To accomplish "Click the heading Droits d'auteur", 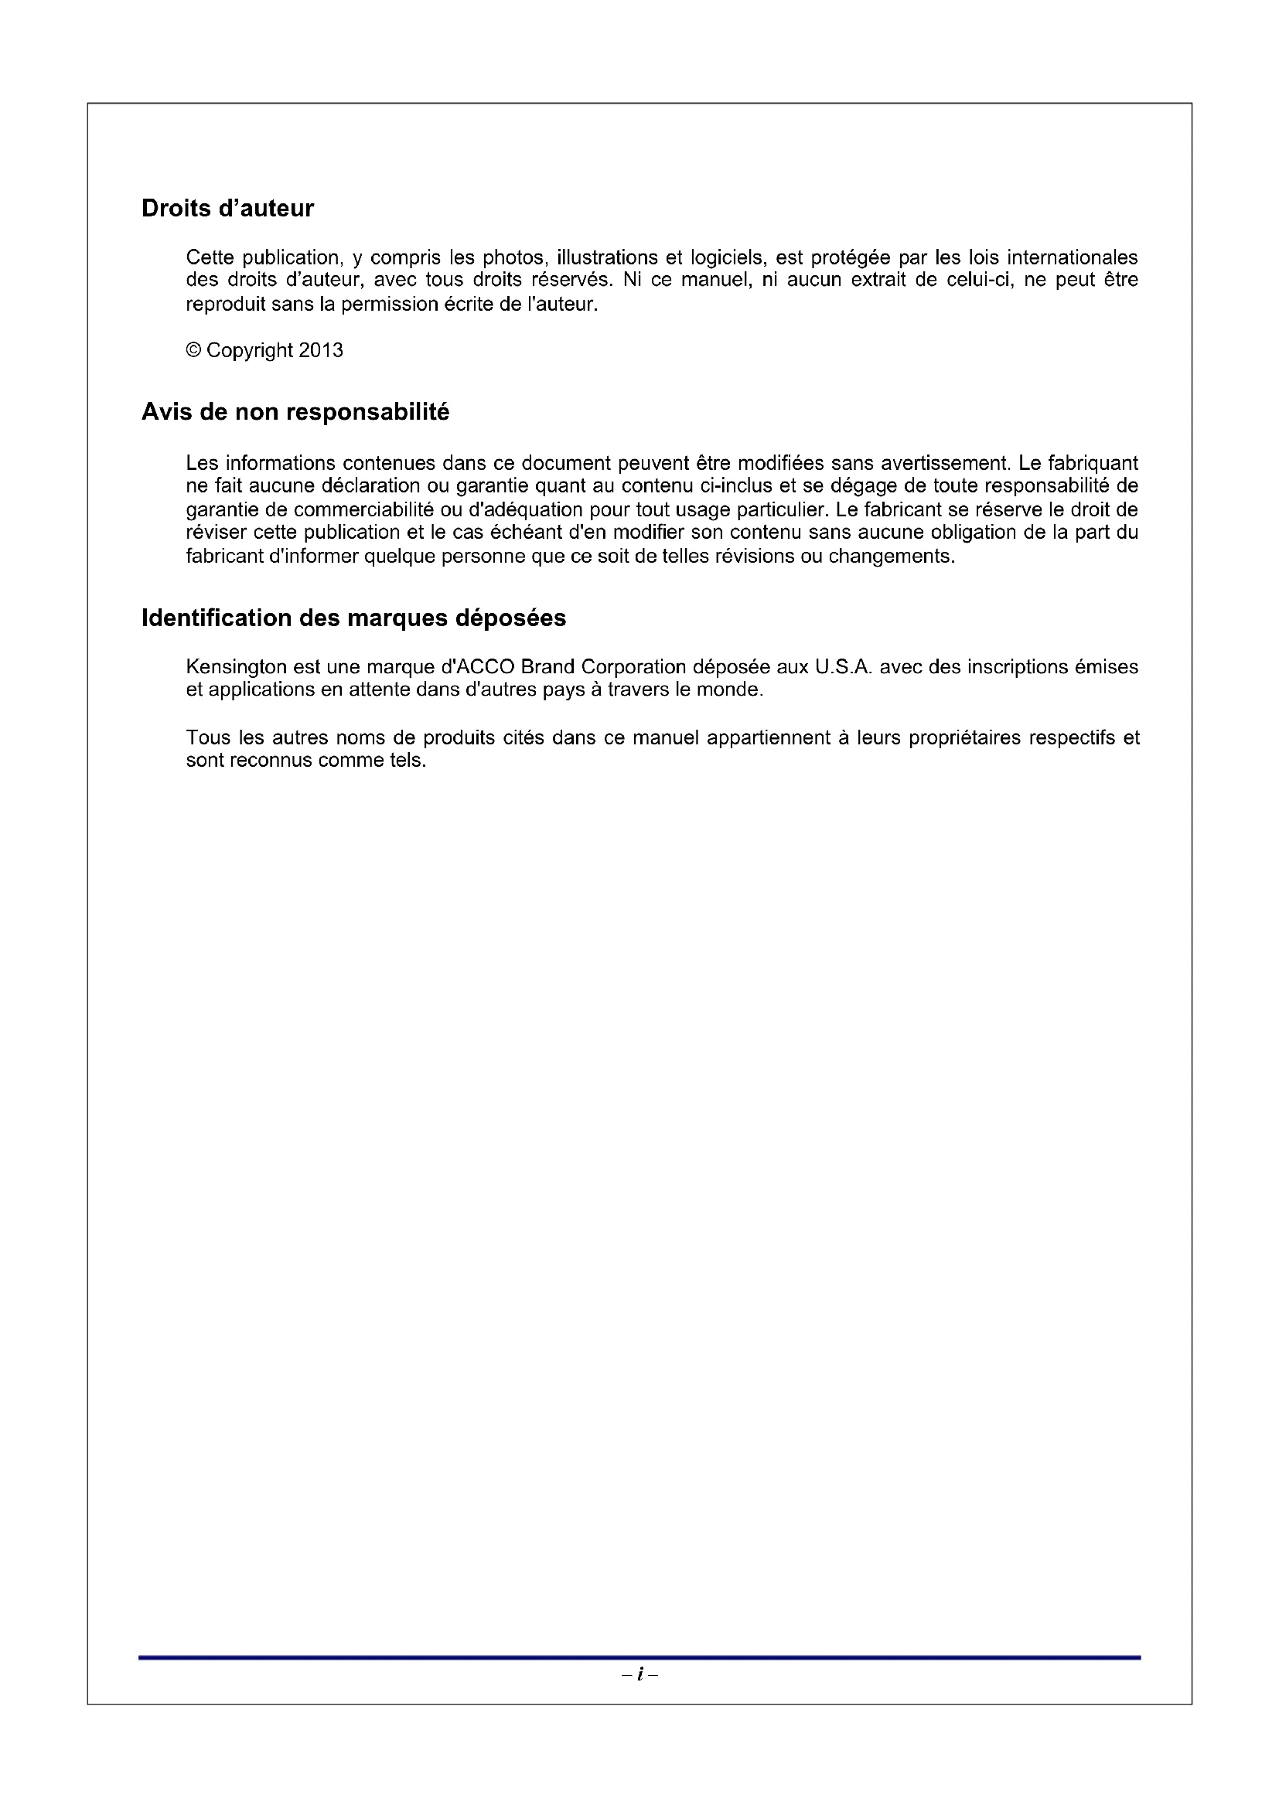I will click(x=227, y=208).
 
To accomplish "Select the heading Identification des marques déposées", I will click(x=353, y=618).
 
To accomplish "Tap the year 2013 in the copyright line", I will click(x=321, y=350).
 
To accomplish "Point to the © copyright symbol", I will click(x=194, y=350).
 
